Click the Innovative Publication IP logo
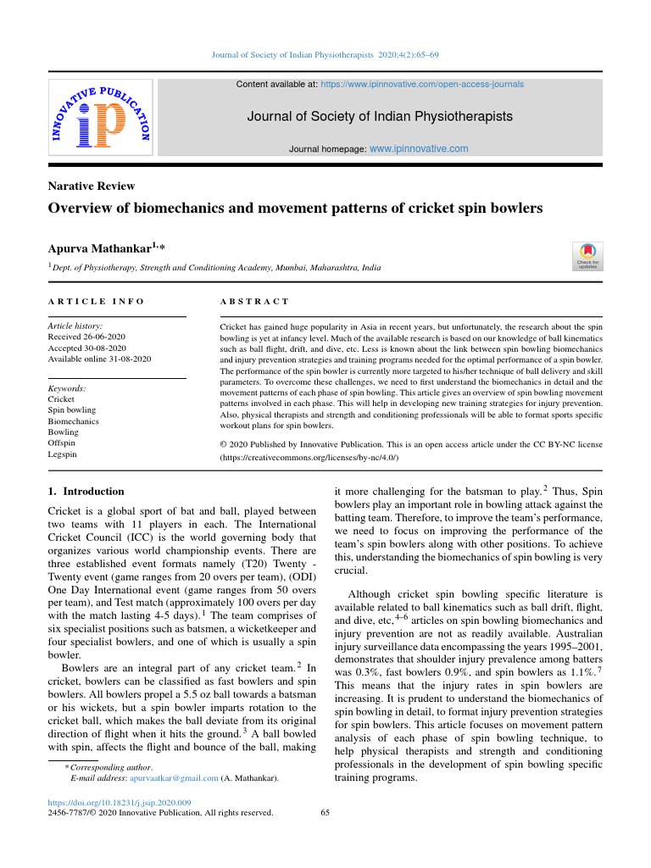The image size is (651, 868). (100, 118)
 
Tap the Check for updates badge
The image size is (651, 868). (587, 257)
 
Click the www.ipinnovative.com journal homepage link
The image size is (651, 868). (419, 148)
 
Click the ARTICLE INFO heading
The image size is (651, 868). (96, 302)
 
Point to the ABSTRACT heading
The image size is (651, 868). (254, 302)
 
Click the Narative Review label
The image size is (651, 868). (92, 186)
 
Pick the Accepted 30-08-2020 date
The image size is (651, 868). (86, 348)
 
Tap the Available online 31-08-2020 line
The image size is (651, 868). (99, 359)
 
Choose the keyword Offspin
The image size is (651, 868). (62, 443)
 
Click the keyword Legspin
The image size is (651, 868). (62, 454)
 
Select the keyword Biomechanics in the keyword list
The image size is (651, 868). (73, 421)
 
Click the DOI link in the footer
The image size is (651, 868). (119, 802)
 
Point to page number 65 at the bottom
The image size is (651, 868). (325, 812)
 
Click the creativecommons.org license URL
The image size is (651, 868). (309, 457)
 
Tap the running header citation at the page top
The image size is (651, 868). (325, 55)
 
